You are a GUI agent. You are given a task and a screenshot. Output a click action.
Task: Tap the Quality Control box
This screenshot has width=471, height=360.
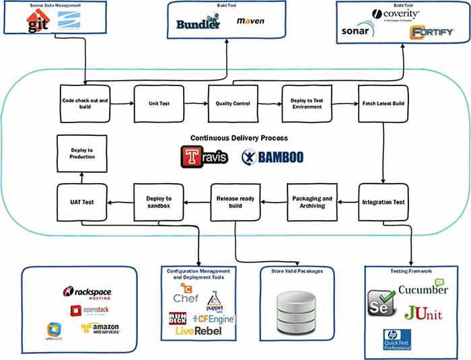(232, 104)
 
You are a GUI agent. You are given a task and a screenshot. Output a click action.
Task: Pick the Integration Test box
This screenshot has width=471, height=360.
(383, 201)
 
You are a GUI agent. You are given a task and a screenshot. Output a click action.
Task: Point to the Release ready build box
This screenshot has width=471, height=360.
(235, 201)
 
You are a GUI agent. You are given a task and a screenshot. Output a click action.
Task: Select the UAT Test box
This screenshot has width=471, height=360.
(81, 201)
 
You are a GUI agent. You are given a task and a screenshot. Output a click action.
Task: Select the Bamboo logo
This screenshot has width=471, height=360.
(273, 157)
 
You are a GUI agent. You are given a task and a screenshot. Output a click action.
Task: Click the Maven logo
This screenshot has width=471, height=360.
(250, 21)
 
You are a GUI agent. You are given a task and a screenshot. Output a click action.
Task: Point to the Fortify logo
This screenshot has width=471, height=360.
(432, 32)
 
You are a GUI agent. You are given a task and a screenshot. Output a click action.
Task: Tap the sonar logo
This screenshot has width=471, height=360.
(357, 31)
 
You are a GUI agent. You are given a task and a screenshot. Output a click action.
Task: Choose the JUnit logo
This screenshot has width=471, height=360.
(424, 312)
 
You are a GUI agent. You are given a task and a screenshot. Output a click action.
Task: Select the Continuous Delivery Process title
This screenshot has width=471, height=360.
(239, 138)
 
